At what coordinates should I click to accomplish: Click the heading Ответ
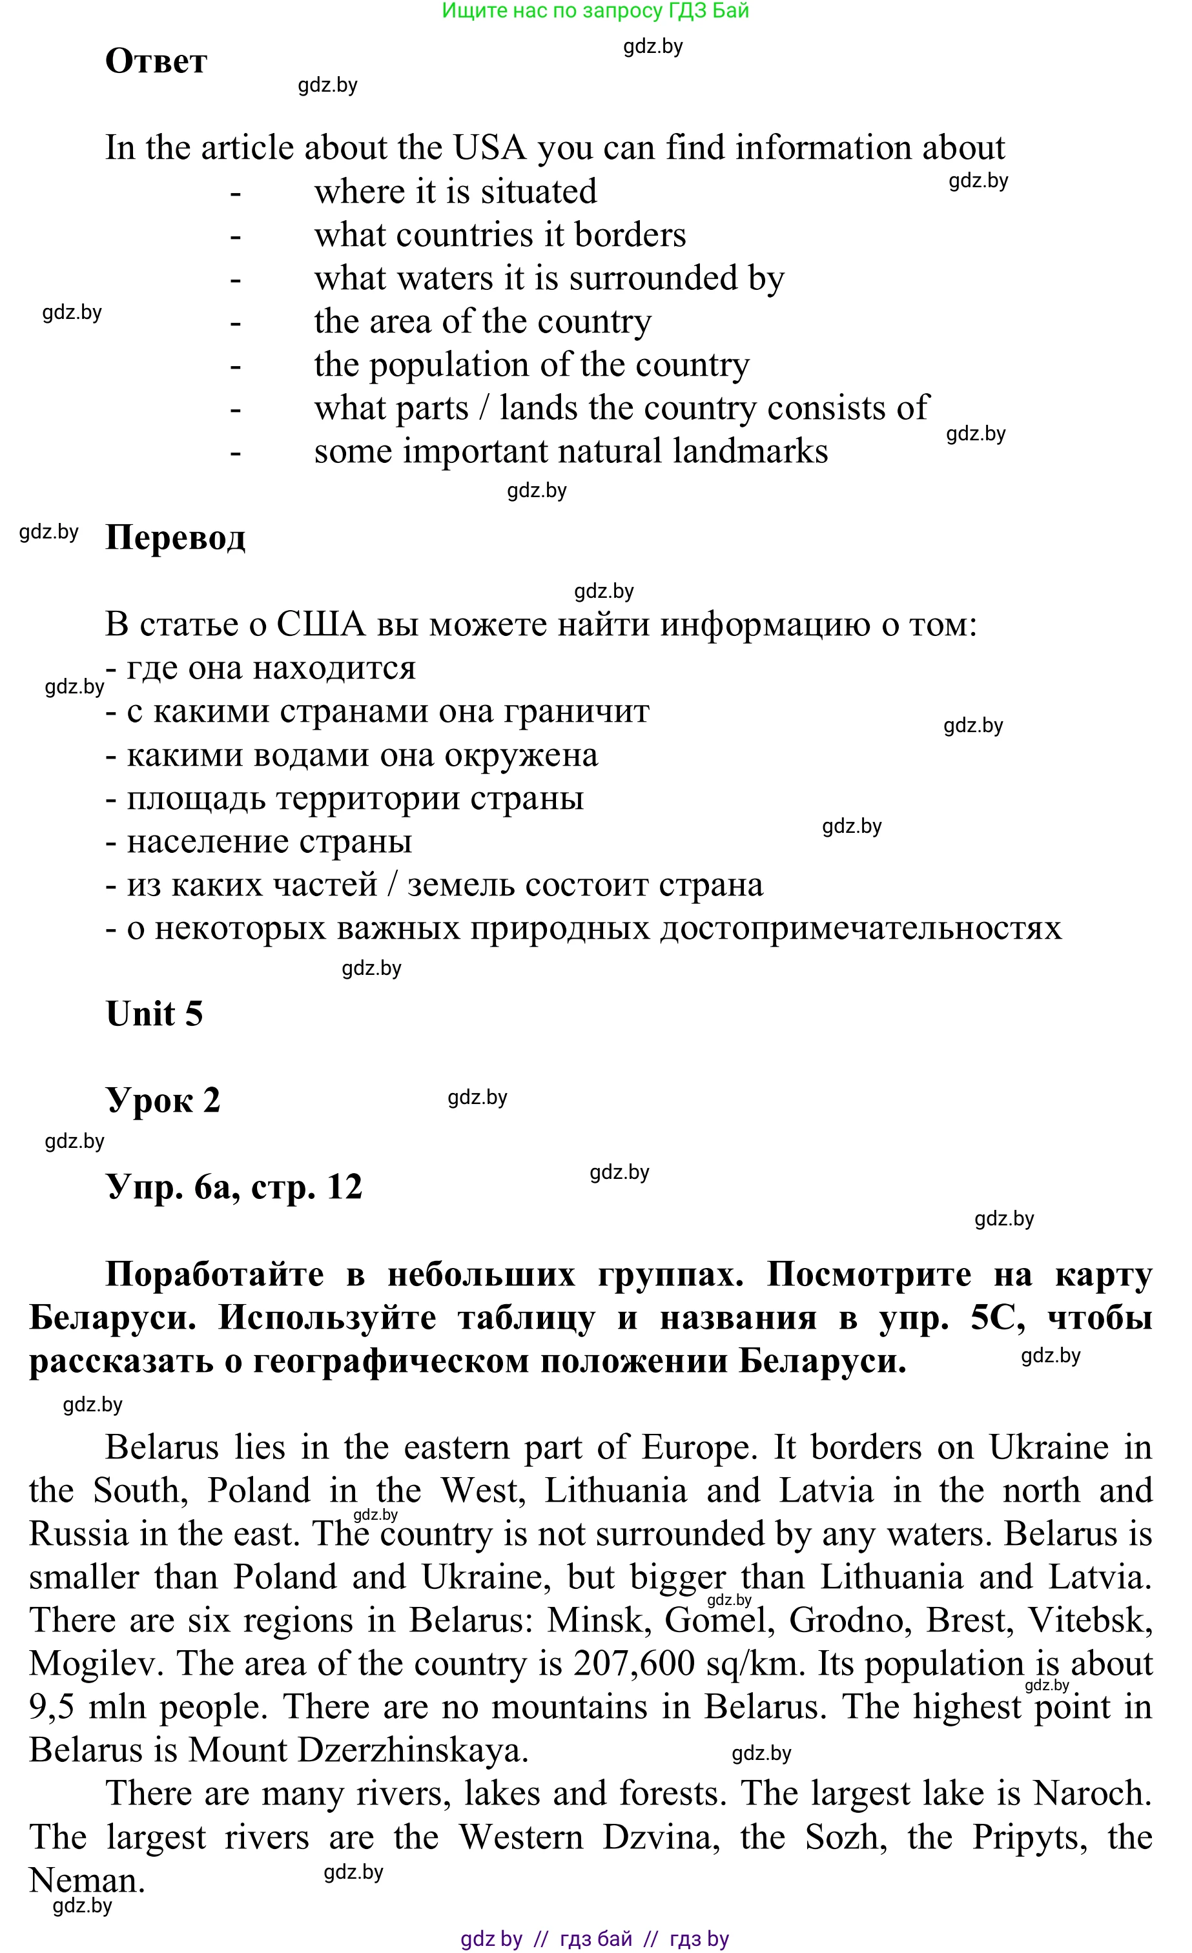click(156, 61)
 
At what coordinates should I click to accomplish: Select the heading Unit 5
click(154, 1014)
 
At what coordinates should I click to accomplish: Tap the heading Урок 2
click(163, 1100)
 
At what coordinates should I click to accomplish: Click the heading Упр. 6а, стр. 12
click(234, 1187)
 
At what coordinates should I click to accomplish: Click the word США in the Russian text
click(320, 624)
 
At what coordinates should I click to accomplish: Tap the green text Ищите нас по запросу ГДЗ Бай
click(595, 11)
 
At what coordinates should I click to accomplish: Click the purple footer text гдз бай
click(595, 1939)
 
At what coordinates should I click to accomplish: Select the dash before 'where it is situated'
click(236, 192)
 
